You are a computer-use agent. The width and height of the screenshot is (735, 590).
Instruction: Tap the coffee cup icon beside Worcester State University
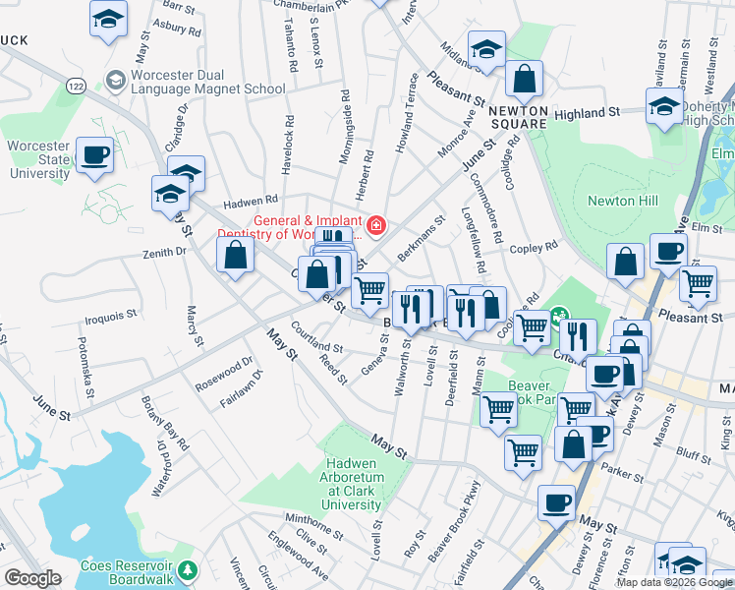click(94, 156)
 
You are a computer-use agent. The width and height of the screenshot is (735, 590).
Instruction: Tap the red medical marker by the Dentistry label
click(375, 226)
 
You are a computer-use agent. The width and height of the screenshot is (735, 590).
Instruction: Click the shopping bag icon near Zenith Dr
click(236, 257)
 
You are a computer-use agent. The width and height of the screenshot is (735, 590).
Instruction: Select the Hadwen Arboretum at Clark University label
click(352, 491)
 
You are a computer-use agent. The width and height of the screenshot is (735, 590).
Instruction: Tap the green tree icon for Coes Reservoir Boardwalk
click(188, 568)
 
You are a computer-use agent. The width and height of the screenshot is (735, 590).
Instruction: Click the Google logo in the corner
click(32, 578)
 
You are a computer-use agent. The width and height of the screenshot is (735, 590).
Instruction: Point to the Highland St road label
click(587, 113)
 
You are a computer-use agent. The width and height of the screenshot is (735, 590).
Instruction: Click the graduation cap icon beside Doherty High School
click(665, 108)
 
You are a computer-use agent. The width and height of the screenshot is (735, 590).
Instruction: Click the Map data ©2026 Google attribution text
click(674, 582)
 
